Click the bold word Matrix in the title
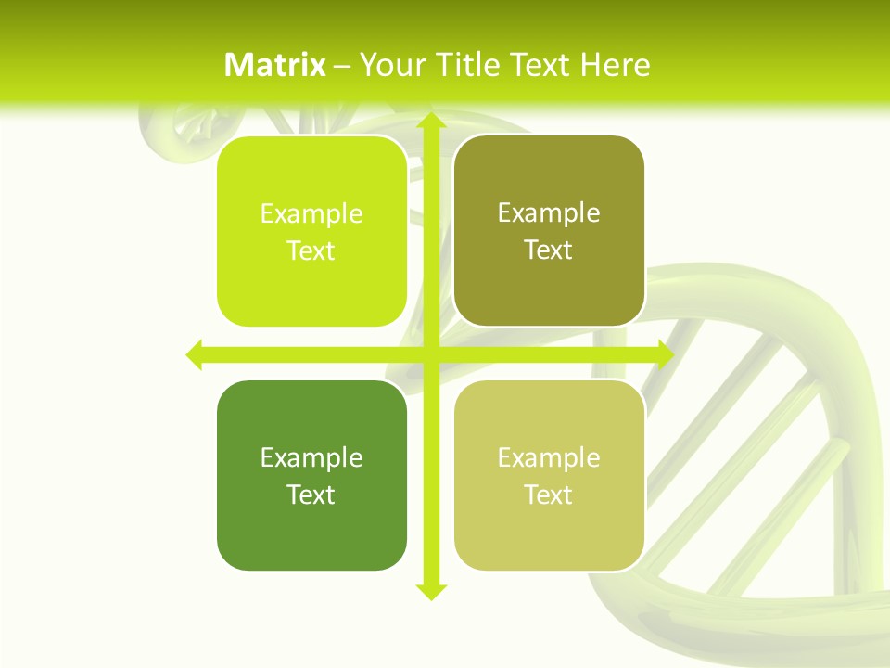click(x=275, y=65)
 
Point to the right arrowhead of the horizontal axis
click(x=665, y=354)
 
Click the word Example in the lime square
click(x=311, y=214)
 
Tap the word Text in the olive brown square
click(x=549, y=250)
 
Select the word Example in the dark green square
click(x=311, y=458)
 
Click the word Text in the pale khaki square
click(x=549, y=495)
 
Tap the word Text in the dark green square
click(x=311, y=495)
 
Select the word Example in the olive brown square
click(x=549, y=213)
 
